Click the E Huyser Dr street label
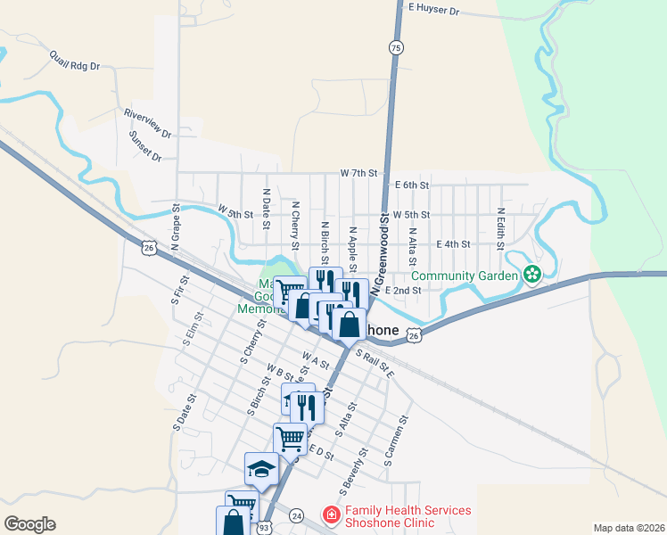[x=432, y=11]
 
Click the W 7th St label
[x=359, y=172]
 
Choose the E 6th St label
[x=412, y=185]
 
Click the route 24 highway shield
[x=297, y=514]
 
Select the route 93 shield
[x=264, y=527]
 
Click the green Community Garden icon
[x=533, y=274]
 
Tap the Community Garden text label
[x=465, y=276]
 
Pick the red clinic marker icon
[x=331, y=515]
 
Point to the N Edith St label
[x=501, y=228]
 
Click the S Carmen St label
[x=397, y=441]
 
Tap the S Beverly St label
[x=353, y=473]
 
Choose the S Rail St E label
[x=375, y=364]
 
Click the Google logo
[x=29, y=524]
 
